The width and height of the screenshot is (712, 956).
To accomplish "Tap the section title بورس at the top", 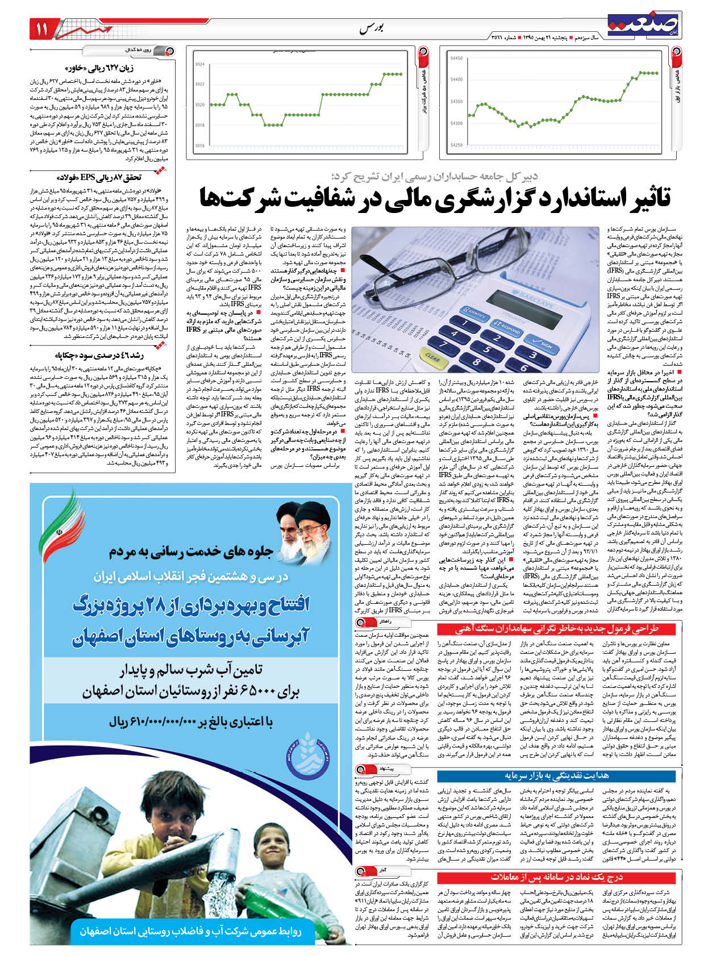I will click(372, 29).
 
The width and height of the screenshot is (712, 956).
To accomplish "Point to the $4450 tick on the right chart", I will click(456, 58).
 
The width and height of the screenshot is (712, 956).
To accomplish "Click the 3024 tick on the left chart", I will click(199, 64).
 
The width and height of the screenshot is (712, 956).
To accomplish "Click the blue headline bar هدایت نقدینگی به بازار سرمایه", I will click(557, 775).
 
